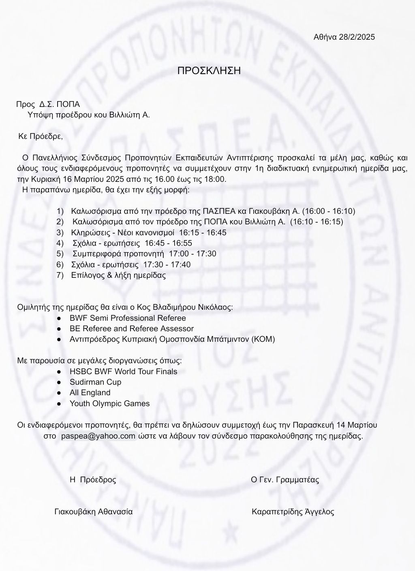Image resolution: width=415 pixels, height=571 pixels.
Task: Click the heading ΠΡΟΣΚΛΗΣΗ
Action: [209, 70]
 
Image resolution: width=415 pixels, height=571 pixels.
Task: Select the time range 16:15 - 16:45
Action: [203, 232]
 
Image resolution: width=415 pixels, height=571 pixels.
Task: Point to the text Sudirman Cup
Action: [95, 382]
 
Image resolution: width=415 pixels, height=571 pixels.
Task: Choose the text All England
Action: [90, 392]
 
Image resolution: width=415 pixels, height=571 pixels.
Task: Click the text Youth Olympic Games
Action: [109, 403]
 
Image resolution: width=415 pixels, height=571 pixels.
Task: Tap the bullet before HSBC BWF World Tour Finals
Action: [59, 371]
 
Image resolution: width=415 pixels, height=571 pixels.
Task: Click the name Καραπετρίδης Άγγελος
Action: [293, 511]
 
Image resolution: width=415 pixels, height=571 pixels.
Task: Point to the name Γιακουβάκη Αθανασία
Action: [94, 511]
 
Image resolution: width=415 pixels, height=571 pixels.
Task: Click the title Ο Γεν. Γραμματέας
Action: [285, 480]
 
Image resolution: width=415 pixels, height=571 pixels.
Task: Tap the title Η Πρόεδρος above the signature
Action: [93, 480]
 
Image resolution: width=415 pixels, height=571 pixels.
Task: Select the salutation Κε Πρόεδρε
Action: [41, 136]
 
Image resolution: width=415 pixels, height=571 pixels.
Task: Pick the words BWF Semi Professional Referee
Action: [128, 318]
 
